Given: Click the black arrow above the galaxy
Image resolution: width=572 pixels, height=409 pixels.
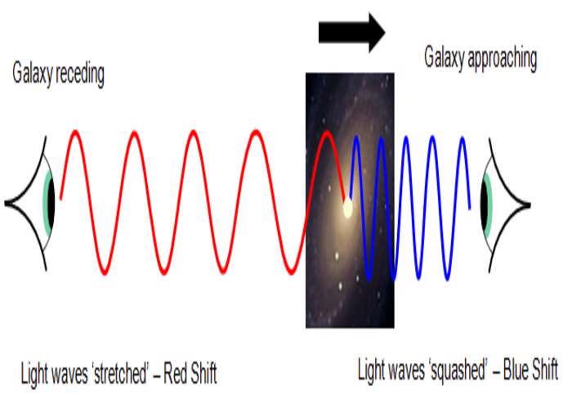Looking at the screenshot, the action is pyautogui.click(x=351, y=33).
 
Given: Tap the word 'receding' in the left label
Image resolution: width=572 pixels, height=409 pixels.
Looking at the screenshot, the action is pyautogui.click(x=80, y=74).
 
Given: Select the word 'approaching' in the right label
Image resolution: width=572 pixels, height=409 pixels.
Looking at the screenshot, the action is pyautogui.click(x=503, y=58).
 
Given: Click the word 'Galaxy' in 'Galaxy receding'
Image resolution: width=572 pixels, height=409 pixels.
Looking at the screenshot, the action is pyautogui.click(x=32, y=74).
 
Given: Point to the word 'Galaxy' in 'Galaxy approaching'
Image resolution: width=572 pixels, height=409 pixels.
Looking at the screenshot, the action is pyautogui.click(x=444, y=57).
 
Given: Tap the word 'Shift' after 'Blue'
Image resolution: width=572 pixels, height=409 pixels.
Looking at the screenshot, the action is pyautogui.click(x=545, y=369).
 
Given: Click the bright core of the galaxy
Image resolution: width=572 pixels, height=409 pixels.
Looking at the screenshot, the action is pyautogui.click(x=347, y=208).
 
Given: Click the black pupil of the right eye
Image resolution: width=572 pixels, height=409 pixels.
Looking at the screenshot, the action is pyautogui.click(x=484, y=205).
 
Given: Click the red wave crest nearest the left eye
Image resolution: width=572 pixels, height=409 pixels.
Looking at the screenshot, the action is pyautogui.click(x=75, y=133).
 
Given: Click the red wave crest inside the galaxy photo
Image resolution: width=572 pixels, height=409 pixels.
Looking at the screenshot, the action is pyautogui.click(x=327, y=133).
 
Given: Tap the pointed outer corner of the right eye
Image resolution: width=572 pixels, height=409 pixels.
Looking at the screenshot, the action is pyautogui.click(x=530, y=205).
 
